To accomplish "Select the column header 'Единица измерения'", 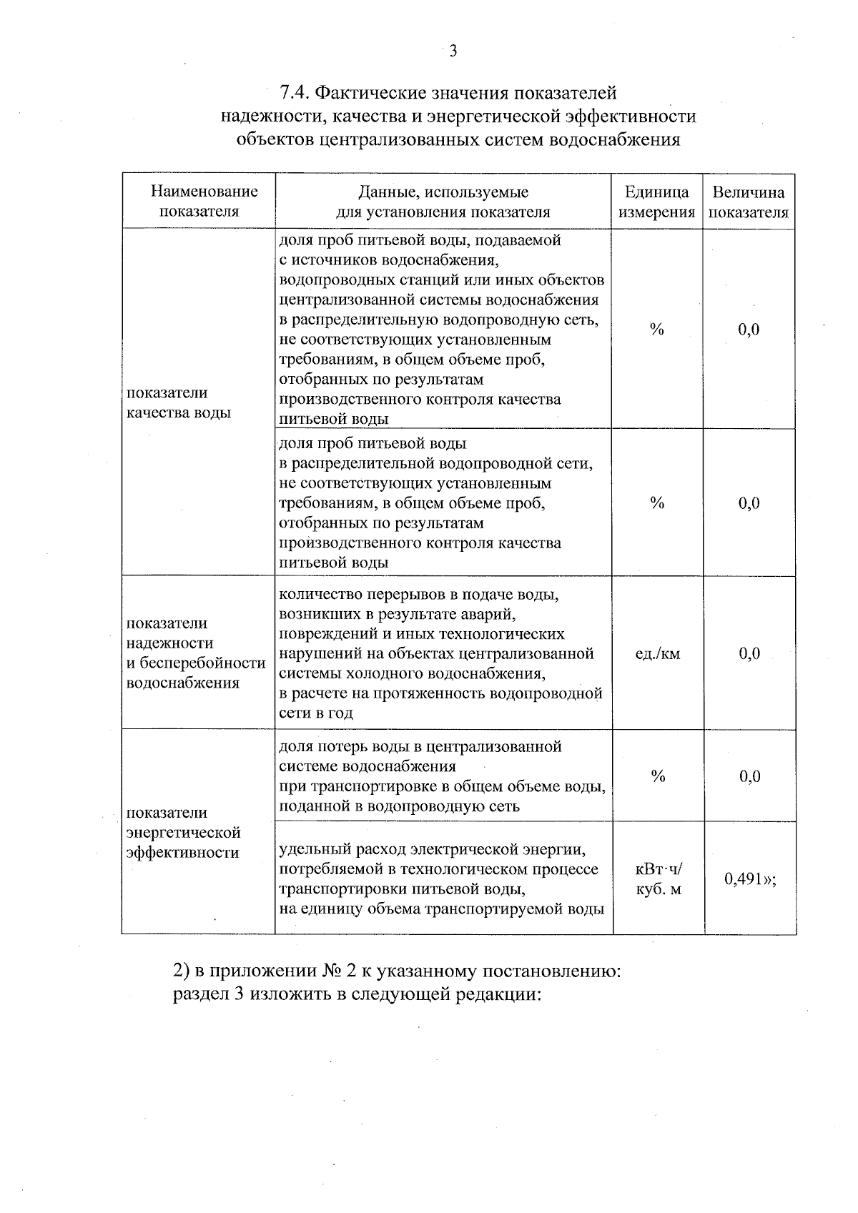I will coord(656,202).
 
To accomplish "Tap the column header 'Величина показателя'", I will coord(749,202).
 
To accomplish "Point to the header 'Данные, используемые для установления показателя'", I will coord(443,202).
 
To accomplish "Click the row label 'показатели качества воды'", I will coord(178,402).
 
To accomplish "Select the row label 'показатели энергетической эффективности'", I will coord(182,832).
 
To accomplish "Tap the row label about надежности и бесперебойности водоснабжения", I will coord(195,653).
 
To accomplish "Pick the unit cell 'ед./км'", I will coord(657,653).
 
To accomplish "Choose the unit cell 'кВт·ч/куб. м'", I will coord(659,880).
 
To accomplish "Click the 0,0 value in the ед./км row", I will coord(749,653).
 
